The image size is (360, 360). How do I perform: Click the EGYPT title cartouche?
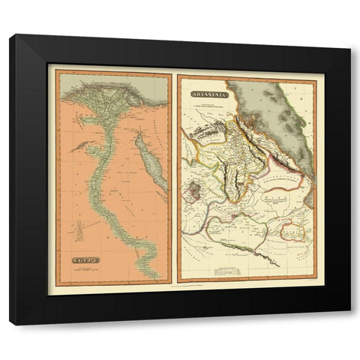point(79,260)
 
